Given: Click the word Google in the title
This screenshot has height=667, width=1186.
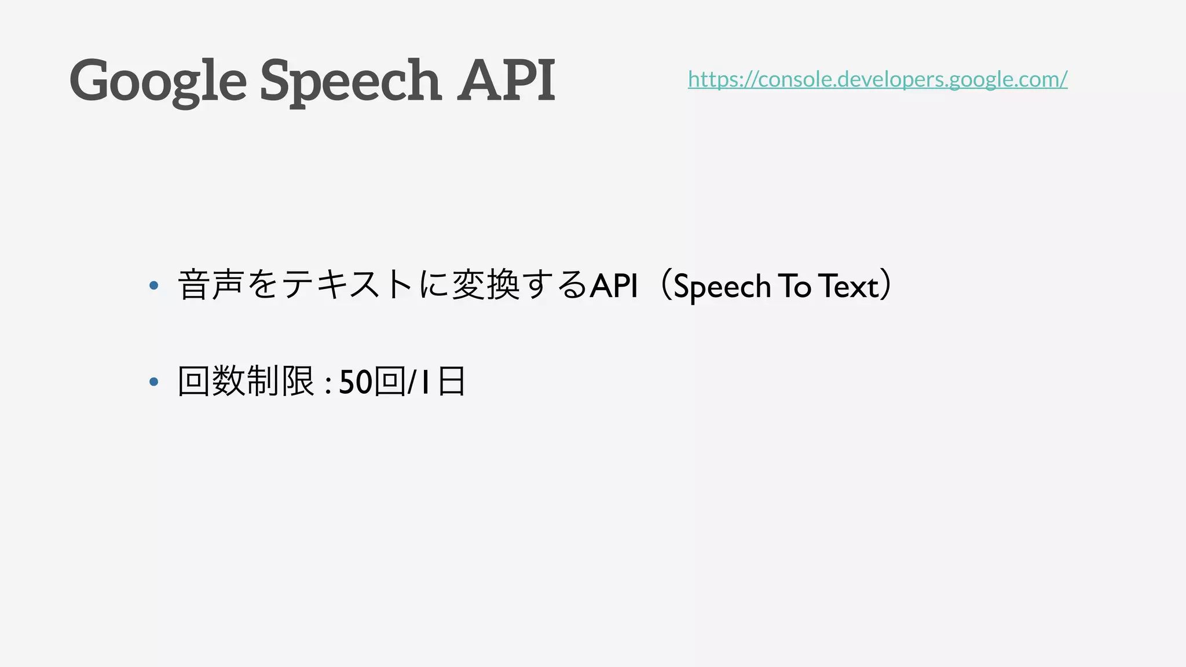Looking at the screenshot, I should (x=158, y=81).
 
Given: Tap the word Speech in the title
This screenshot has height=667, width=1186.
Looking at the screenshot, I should (x=350, y=81).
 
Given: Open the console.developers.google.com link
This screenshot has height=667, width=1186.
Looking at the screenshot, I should (x=877, y=79).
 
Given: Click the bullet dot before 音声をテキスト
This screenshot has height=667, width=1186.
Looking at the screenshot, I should (x=153, y=285).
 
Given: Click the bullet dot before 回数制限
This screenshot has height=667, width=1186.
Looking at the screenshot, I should (x=153, y=382).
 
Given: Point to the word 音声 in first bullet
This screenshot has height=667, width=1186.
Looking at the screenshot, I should (x=210, y=285).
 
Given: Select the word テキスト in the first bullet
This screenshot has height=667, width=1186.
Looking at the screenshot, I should (x=347, y=285).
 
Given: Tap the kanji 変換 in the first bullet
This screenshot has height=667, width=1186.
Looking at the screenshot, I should (x=485, y=285).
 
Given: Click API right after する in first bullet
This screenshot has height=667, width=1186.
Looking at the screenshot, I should (x=614, y=285).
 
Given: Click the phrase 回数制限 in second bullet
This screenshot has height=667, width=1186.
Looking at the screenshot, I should (x=246, y=382).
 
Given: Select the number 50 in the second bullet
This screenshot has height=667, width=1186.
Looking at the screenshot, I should (x=355, y=382).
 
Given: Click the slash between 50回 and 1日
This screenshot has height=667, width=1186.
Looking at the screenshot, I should (x=411, y=382).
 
